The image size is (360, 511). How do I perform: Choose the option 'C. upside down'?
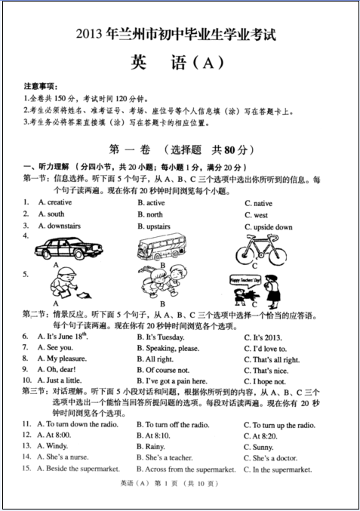[x=268, y=227]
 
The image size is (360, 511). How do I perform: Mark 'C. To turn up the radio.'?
[x=278, y=425]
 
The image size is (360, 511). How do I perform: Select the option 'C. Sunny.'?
[x=258, y=447]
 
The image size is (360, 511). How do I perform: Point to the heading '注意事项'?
[x=41, y=87]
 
